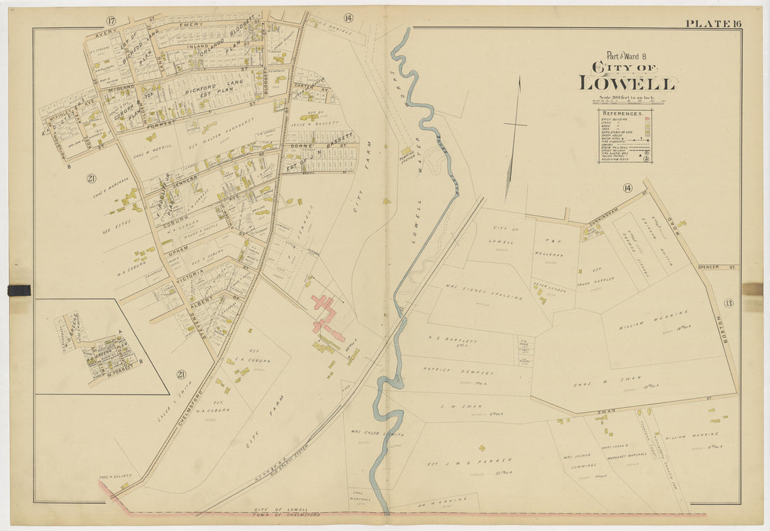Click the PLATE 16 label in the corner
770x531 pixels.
pos(713,24)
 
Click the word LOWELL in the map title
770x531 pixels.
pos(626,83)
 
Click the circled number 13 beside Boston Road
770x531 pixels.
pos(728,302)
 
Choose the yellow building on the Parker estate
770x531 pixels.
pos(482,448)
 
